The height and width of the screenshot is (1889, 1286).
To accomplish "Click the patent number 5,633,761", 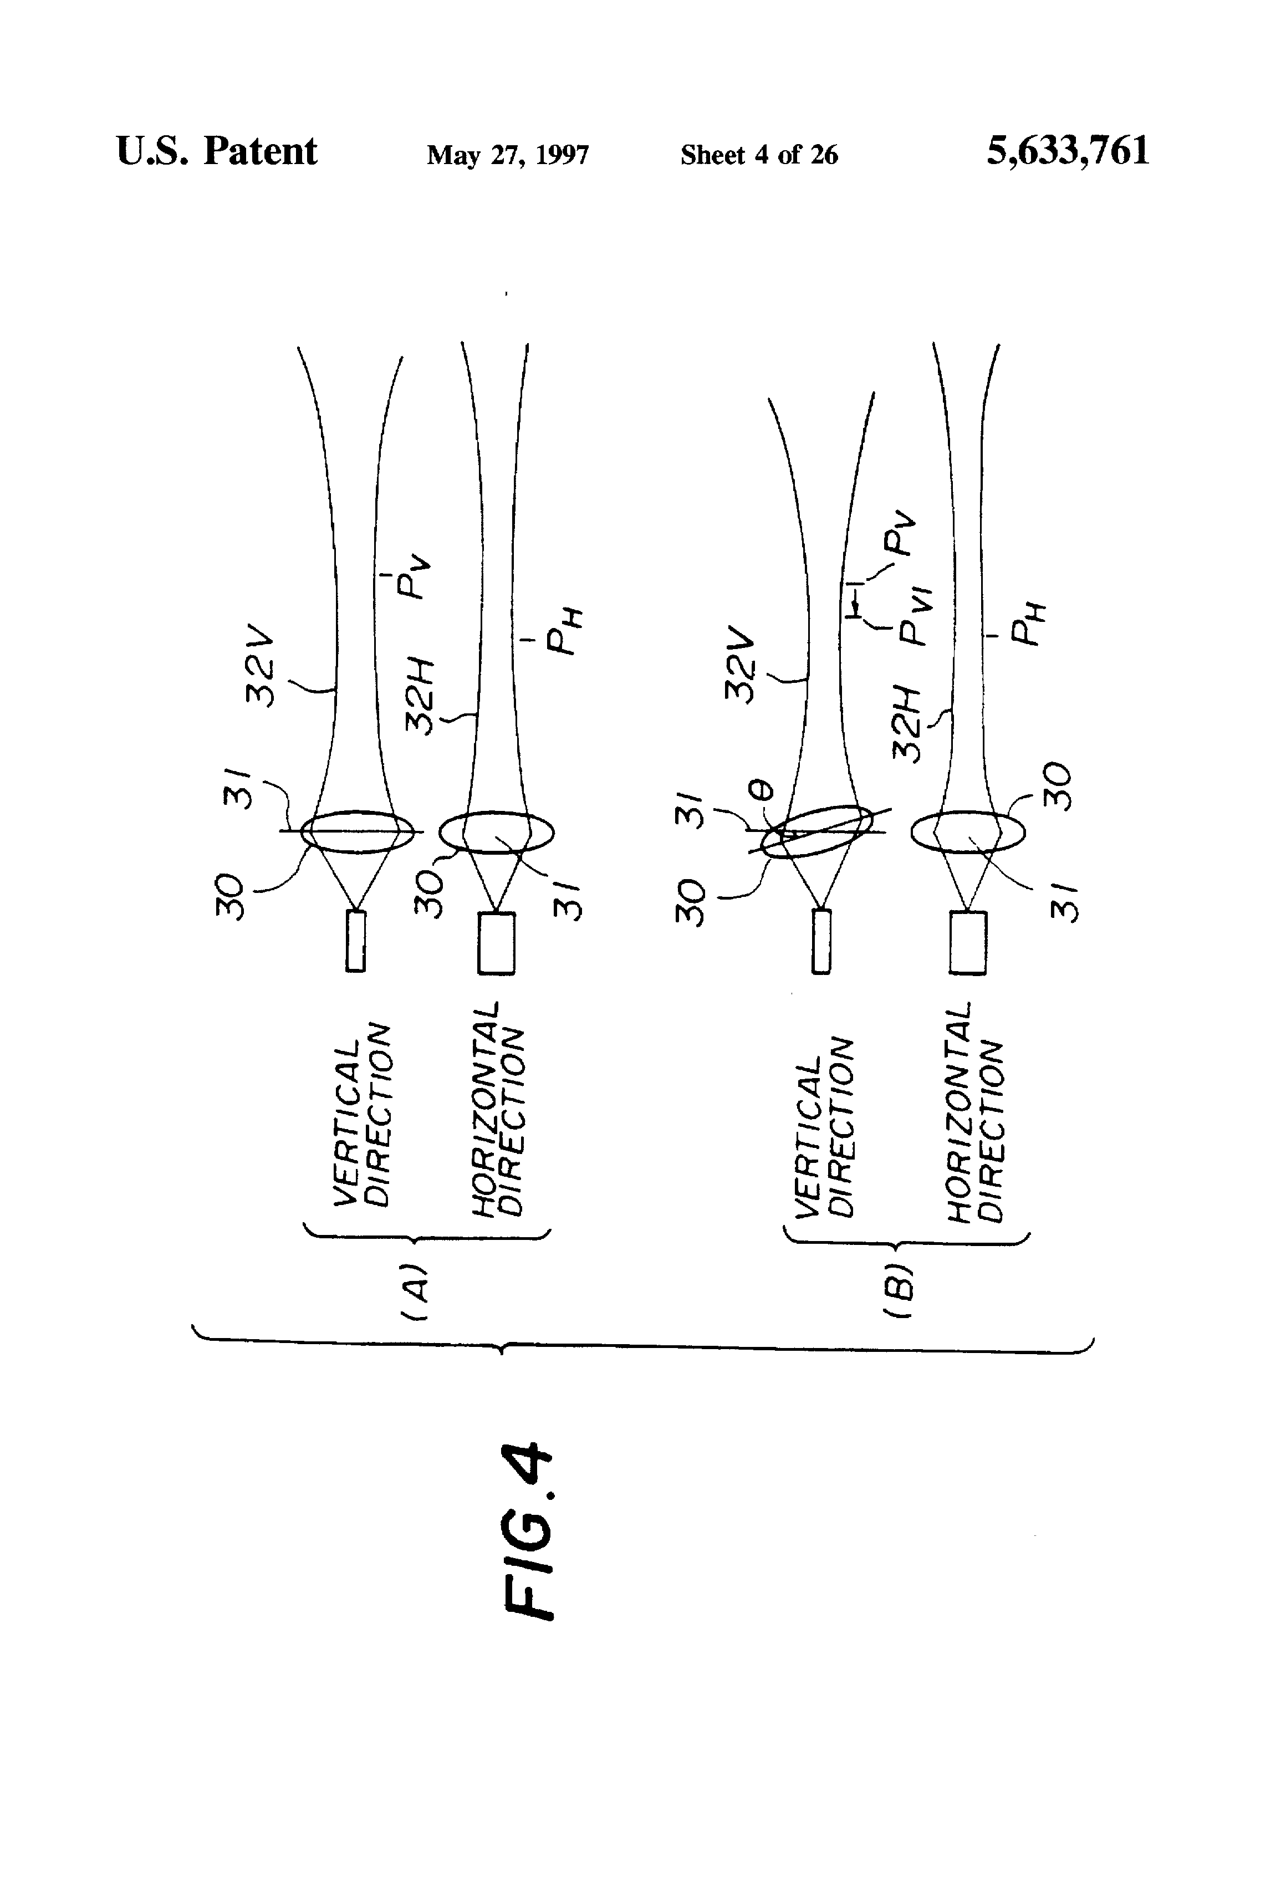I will [1068, 151].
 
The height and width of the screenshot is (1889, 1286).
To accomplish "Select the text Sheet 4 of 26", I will [758, 155].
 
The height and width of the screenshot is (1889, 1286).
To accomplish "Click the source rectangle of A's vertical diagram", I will [355, 941].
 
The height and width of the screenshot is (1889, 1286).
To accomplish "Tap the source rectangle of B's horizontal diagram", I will [967, 942].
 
